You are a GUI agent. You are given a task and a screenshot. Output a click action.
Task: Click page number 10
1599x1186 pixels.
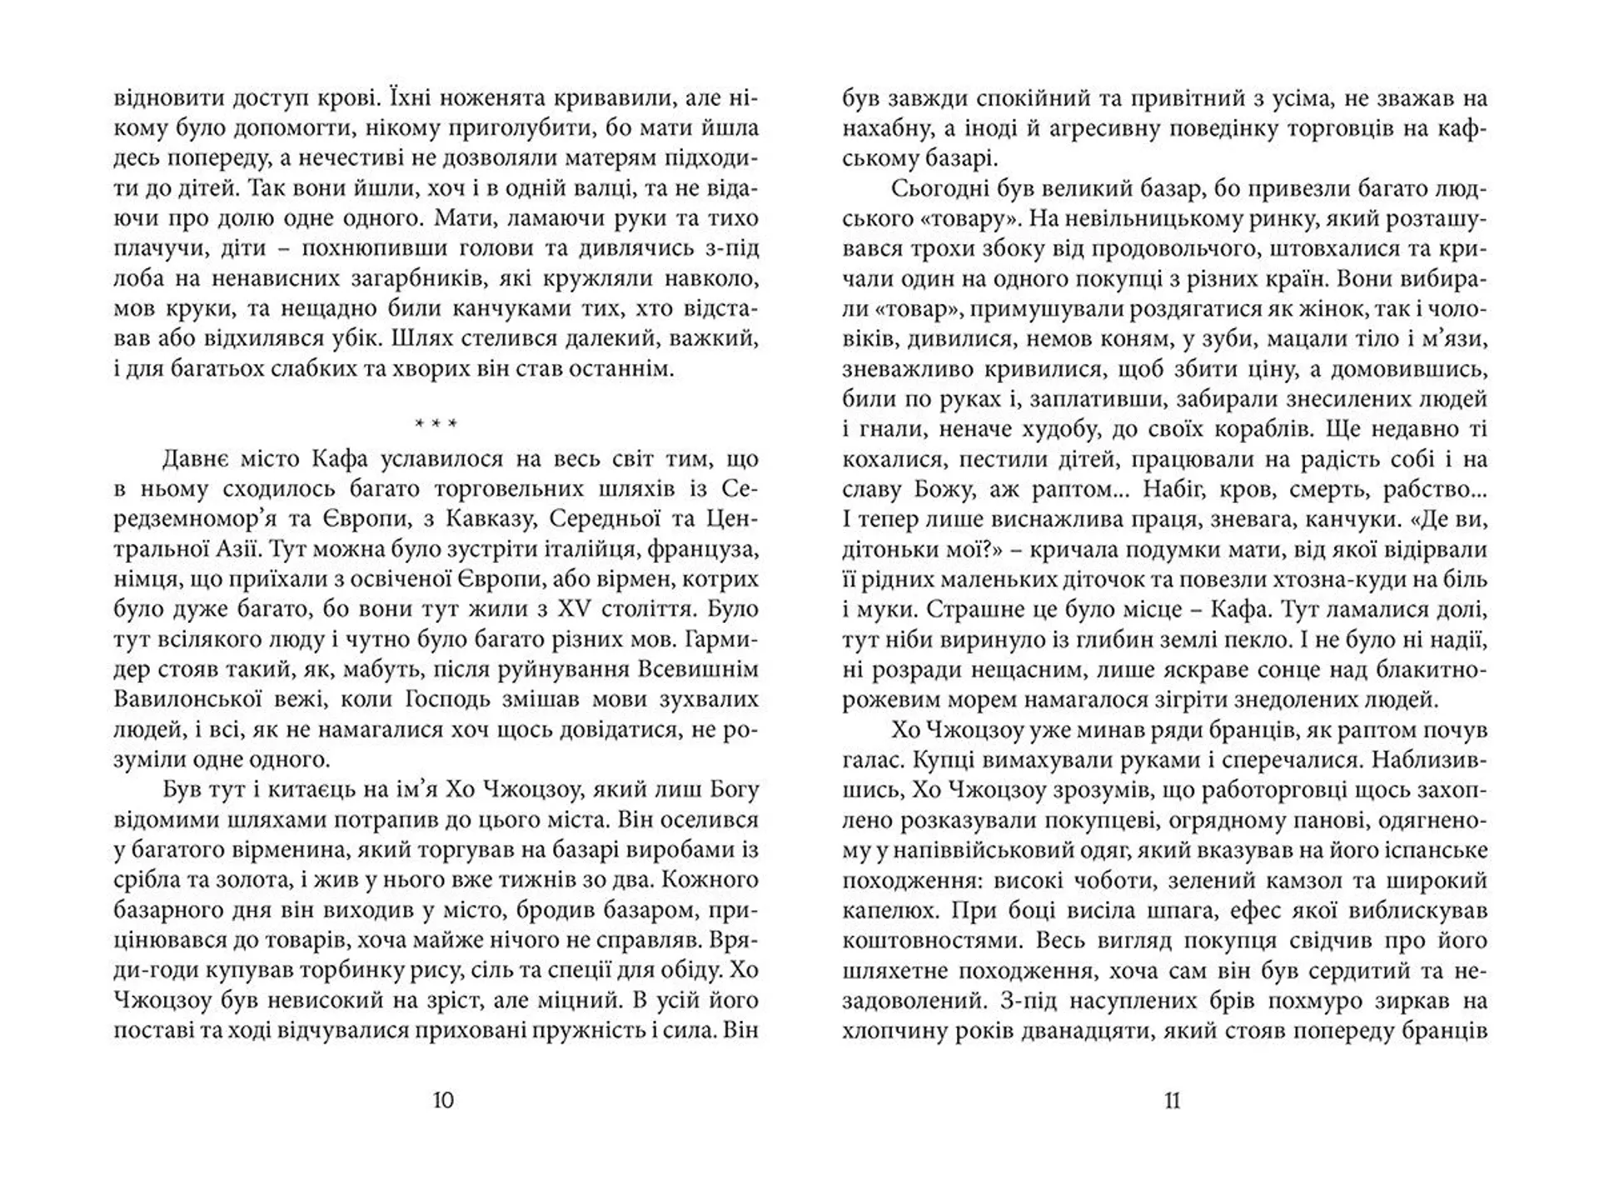coord(444,1101)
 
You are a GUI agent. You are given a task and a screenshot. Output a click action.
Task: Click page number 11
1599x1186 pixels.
coord(1172,1101)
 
